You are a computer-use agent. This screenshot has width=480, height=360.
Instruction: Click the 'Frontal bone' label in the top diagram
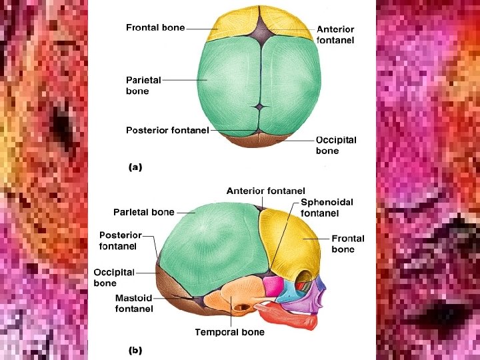coord(155,28)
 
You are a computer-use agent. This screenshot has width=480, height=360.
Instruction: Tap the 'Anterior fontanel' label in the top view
coord(335,35)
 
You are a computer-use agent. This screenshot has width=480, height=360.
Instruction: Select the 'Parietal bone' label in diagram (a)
coord(144,85)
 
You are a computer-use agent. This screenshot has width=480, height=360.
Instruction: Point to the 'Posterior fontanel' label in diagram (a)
coord(167,130)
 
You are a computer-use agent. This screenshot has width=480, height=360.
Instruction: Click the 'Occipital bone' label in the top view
coord(335,145)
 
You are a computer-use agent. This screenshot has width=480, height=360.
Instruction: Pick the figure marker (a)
coord(135,168)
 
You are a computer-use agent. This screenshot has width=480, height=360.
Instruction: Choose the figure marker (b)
coord(135,349)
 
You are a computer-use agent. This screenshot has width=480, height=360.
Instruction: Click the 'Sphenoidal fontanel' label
coord(327,207)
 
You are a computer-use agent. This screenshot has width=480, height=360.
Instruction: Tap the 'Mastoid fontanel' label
coord(134,303)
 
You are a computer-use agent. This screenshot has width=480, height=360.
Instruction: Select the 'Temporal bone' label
coord(229,332)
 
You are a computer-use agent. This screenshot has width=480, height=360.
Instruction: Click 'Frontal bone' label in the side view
coord(348,243)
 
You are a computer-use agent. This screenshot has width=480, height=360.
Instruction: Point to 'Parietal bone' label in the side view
coord(143,212)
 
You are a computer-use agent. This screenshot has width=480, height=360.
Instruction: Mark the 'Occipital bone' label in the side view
coord(113,277)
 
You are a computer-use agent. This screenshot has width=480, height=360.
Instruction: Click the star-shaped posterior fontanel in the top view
coord(260,107)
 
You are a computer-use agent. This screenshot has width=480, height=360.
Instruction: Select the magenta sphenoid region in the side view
coord(273,287)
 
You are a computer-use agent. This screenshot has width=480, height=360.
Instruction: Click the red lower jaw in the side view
coord(293,319)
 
